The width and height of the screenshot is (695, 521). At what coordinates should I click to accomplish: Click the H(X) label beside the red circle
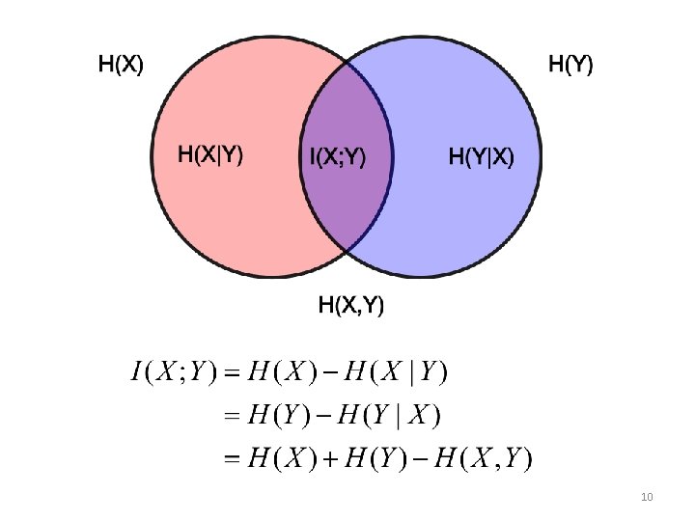click(x=121, y=66)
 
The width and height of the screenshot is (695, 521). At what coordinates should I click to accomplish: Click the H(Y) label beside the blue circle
click(x=570, y=66)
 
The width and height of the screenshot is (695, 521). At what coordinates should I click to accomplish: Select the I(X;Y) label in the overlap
click(x=337, y=156)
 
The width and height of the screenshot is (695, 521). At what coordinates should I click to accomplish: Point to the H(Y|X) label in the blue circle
click(x=482, y=156)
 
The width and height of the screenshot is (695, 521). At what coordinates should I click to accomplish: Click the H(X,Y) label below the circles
click(x=351, y=306)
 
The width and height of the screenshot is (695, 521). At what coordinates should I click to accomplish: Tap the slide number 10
click(x=647, y=497)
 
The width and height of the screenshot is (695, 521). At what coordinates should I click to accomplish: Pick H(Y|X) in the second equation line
click(x=391, y=415)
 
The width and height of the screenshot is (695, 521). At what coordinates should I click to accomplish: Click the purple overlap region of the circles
click(x=346, y=198)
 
